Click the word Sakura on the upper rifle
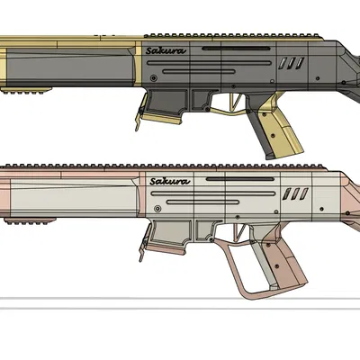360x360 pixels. click(x=166, y=51)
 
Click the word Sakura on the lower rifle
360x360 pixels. click(x=169, y=182)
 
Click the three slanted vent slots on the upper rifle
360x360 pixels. click(x=292, y=64)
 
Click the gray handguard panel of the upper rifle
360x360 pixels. click(x=72, y=67)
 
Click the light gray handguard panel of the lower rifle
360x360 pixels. click(x=72, y=200)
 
